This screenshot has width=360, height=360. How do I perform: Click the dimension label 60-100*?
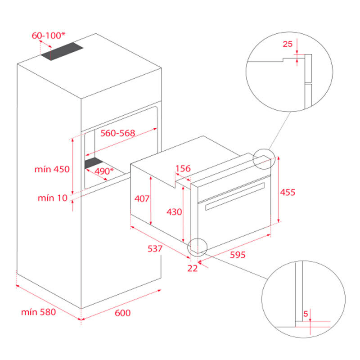click(48, 35)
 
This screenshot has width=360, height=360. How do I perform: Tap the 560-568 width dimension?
click(117, 133)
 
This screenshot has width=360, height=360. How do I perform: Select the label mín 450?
click(52, 169)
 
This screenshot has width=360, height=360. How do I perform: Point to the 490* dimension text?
click(103, 171)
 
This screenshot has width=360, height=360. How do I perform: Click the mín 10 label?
click(52, 198)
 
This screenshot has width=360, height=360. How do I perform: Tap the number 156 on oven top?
click(183, 169)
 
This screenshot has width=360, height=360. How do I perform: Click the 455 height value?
click(288, 192)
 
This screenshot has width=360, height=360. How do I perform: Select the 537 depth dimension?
click(155, 249)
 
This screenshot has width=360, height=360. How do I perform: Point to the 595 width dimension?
click(238, 255)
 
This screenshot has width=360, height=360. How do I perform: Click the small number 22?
click(193, 268)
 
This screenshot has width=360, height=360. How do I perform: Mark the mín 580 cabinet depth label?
click(38, 311)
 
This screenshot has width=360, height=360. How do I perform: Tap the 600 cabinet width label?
click(122, 312)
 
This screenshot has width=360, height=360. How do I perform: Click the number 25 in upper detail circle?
click(288, 44)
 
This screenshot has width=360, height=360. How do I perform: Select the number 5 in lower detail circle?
click(306, 314)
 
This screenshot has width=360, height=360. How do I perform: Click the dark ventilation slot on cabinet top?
click(63, 52)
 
